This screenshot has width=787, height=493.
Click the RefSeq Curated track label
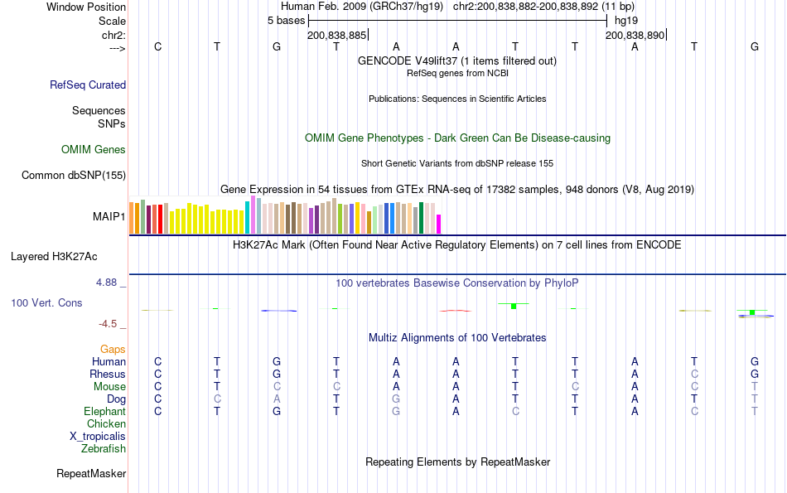(x=88, y=85)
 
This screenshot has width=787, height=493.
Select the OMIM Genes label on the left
(x=94, y=150)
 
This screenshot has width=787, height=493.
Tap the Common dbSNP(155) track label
(x=74, y=175)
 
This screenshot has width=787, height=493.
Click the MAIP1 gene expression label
(x=109, y=217)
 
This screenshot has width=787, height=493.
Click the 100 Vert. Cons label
(x=46, y=303)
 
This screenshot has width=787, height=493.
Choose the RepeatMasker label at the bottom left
(x=91, y=474)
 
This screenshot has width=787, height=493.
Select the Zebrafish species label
(x=104, y=449)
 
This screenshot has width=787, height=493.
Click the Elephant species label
(x=104, y=412)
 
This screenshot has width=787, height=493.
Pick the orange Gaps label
(x=113, y=350)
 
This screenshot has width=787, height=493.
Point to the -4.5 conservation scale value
(x=109, y=324)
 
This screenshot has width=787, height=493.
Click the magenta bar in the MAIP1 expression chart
(x=439, y=224)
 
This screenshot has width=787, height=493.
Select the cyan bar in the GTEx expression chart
(x=247, y=217)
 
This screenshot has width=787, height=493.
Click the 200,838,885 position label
(x=336, y=36)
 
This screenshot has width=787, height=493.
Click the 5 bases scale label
(x=287, y=20)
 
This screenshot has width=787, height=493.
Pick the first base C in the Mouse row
(x=157, y=387)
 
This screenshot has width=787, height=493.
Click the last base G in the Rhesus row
(x=755, y=375)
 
